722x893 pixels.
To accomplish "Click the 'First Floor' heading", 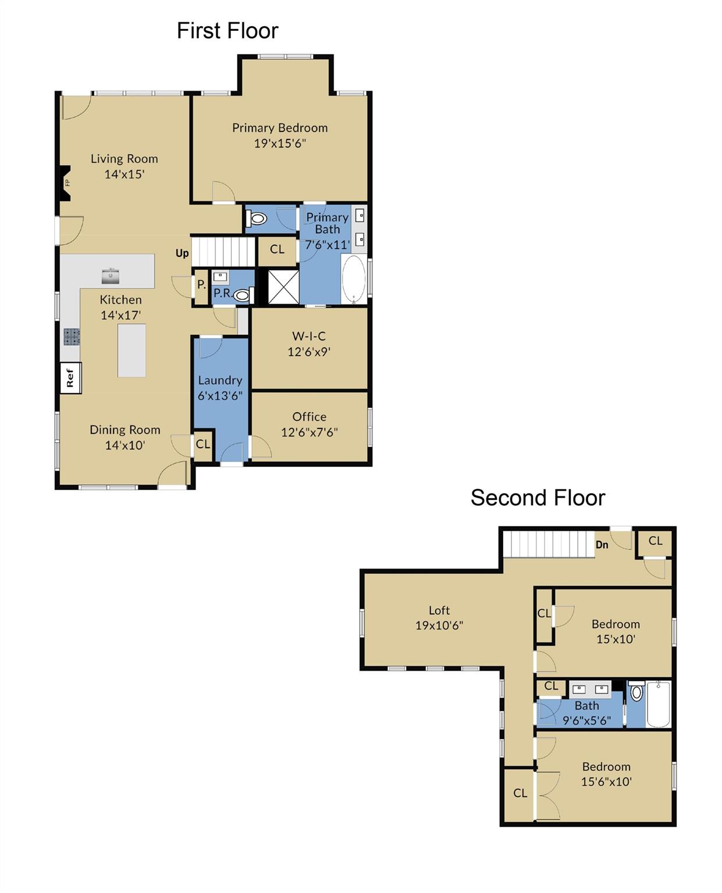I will point(227,31).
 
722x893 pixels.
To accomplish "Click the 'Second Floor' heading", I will point(538,498).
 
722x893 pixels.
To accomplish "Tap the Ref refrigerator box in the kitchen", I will point(70,378).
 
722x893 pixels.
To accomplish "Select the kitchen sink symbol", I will point(110,276).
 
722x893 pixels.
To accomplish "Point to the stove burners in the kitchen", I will point(72,337).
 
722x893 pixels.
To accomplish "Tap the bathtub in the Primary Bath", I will point(353,280).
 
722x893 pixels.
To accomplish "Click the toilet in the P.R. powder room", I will point(242,295).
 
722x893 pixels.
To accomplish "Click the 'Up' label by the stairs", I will point(182,253).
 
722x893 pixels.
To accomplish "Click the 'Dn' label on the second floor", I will point(602,545).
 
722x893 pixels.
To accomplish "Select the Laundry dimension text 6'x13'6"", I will point(220,395).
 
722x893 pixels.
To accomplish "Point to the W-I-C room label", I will point(309,336).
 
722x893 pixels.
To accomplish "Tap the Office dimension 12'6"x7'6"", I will point(309,432).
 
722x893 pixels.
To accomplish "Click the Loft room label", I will point(439,610).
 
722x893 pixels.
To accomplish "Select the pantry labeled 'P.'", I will point(201,285).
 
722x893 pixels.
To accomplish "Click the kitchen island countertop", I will point(131,351).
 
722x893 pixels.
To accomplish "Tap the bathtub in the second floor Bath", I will point(658,705).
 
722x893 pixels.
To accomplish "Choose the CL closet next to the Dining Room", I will point(202,445).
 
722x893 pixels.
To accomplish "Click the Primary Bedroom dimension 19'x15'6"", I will point(280,143).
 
